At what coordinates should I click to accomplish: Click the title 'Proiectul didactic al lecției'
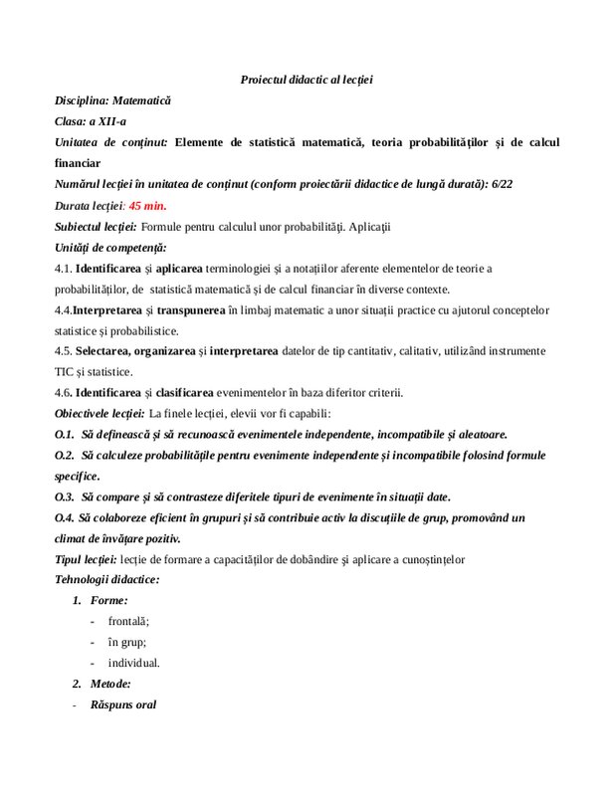point(307,79)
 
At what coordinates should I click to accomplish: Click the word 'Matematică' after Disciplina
point(141,100)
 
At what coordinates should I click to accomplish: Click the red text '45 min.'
point(148,205)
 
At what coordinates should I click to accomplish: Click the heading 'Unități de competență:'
point(110,247)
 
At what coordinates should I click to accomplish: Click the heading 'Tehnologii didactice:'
point(106,579)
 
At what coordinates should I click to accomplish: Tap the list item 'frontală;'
point(128,621)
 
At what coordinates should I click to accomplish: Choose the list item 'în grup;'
point(126,642)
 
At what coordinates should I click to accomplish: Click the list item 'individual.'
point(133,663)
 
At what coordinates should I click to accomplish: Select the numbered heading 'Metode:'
point(110,684)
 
